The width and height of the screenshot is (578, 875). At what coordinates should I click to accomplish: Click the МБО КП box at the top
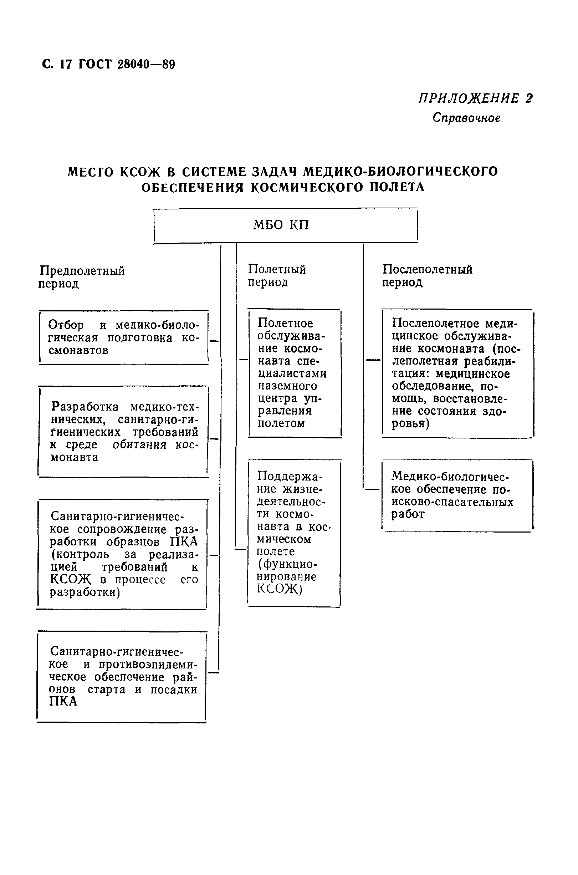285,225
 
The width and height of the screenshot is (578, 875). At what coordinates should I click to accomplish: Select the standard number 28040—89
146,65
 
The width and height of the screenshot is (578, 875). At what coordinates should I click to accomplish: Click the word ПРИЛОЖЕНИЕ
469,98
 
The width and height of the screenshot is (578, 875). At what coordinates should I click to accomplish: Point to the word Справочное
466,118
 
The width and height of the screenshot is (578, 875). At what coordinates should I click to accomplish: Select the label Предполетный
82,271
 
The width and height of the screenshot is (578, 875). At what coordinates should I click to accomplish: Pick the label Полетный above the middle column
277,269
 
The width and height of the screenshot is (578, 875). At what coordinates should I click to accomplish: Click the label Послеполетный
427,269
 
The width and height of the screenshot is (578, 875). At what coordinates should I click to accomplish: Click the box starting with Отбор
123,337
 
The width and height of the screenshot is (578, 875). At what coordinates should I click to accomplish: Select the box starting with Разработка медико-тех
123,432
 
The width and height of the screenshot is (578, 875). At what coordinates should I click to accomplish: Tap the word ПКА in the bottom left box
63,701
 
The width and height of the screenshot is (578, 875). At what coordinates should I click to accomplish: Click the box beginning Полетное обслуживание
294,373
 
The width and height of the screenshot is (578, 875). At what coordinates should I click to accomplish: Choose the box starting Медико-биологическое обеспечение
457,495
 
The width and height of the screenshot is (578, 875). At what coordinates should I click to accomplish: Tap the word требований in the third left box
134,567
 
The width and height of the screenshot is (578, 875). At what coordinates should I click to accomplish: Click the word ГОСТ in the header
95,65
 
